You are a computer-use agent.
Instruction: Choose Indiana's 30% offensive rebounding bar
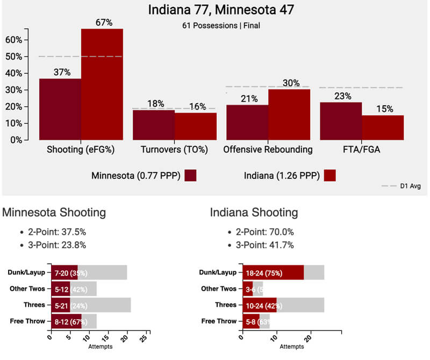click(289, 114)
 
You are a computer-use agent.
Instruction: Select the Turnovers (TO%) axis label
click(175, 150)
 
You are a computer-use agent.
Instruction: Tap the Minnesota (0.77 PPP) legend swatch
click(190, 176)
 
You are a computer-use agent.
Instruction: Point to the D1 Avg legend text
click(411, 186)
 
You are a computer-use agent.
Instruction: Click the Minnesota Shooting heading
click(54, 213)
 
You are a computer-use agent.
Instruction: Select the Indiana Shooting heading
click(254, 213)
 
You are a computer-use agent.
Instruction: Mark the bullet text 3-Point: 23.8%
click(57, 245)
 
